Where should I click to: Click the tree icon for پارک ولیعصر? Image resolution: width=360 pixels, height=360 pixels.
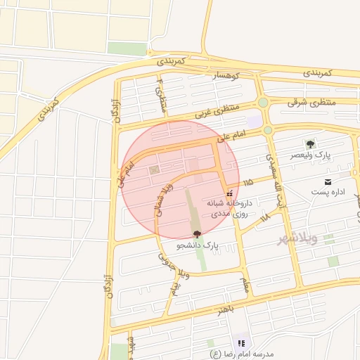(x=310, y=143)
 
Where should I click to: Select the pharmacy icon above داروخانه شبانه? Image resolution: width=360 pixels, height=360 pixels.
(x=229, y=193)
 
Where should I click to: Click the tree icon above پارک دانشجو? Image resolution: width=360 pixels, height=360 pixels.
(x=196, y=234)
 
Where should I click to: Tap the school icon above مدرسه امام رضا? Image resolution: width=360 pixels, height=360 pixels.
(x=241, y=343)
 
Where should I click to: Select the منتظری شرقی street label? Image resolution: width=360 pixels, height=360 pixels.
(x=312, y=102)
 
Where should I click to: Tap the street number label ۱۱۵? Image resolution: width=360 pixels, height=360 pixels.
(x=247, y=183)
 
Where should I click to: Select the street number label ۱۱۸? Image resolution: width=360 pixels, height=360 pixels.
(x=265, y=219)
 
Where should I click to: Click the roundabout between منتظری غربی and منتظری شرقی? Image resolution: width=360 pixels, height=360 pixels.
(x=263, y=103)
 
